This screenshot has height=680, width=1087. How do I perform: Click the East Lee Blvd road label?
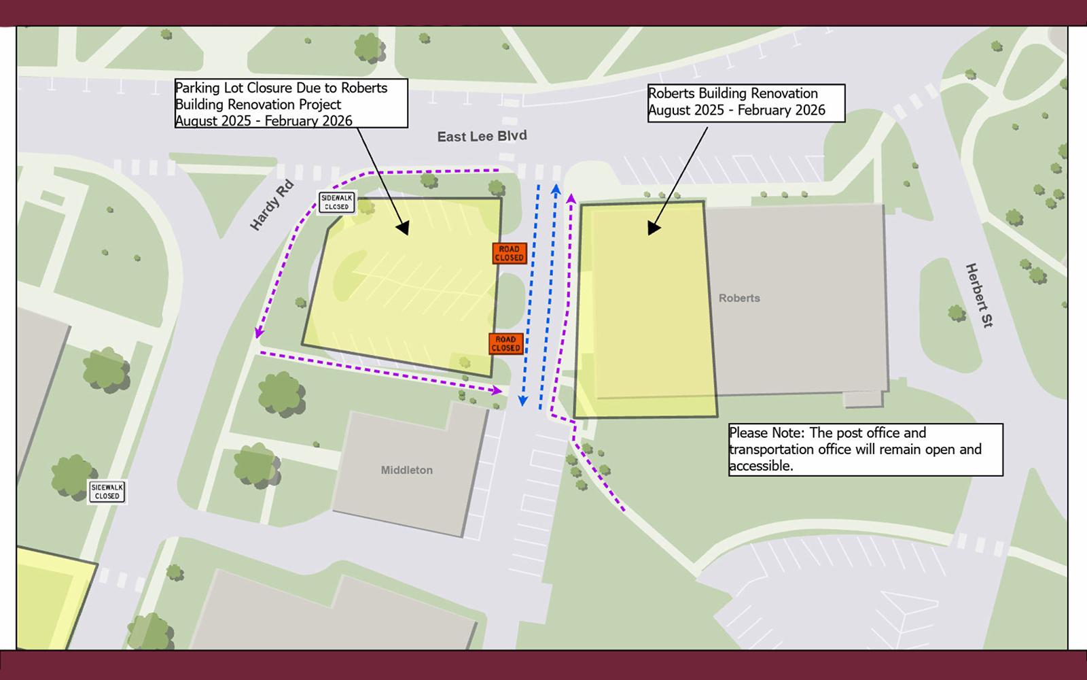click(x=482, y=137)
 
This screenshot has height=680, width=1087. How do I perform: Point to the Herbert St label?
click(x=979, y=296)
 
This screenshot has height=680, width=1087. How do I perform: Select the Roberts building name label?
click(x=739, y=299)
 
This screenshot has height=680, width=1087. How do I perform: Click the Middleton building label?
click(x=406, y=470)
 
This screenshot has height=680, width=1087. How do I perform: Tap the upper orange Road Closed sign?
click(x=510, y=254)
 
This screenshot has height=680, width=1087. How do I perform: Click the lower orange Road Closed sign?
click(x=506, y=343)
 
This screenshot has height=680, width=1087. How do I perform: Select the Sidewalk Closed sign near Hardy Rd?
click(x=337, y=203)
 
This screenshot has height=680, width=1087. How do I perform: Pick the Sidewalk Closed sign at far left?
click(x=107, y=492)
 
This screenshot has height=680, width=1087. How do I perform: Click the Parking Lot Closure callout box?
click(x=291, y=103)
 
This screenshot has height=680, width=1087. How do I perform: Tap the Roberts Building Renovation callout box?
click(x=746, y=103)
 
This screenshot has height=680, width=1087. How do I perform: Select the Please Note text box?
click(x=866, y=449)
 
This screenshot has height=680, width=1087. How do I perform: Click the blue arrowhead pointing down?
click(x=522, y=401)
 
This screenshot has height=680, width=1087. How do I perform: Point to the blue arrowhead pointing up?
click(x=556, y=188)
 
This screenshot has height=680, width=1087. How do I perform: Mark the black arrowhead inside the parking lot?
click(x=403, y=228)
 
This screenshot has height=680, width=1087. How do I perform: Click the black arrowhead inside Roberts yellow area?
click(x=654, y=228)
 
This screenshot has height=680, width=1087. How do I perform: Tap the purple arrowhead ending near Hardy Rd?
click(x=259, y=332)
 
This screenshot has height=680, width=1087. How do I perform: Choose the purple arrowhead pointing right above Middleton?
click(x=498, y=390)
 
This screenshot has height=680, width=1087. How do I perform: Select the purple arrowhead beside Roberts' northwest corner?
click(x=571, y=198)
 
